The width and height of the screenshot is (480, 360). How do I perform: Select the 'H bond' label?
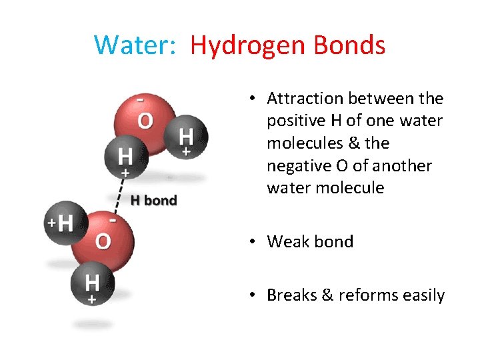click(153, 200)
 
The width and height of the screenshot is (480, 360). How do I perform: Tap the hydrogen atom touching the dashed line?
click(125, 157)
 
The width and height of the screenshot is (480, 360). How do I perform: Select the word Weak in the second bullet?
click(289, 241)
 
